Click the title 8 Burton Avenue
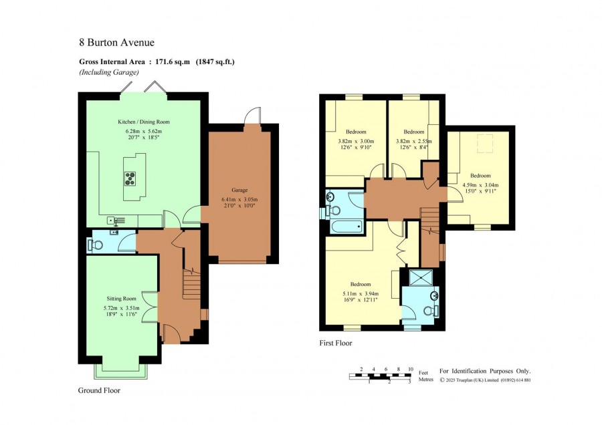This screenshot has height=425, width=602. [x=116, y=42]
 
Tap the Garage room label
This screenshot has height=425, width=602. [x=239, y=190]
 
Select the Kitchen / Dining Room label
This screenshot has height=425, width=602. [x=144, y=122]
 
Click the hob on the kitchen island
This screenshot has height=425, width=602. [x=130, y=178]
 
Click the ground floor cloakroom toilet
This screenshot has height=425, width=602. [x=96, y=245]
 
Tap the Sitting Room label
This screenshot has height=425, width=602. [x=121, y=299]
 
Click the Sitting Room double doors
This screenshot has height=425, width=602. [x=150, y=306]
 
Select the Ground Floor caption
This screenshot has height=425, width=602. [x=99, y=390]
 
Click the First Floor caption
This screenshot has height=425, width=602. [x=336, y=343]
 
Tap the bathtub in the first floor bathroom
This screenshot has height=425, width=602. [x=346, y=227]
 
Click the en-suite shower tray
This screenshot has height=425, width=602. [x=421, y=278]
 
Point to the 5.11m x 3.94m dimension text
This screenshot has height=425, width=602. [x=361, y=294]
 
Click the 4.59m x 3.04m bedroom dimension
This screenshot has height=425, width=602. [x=481, y=185]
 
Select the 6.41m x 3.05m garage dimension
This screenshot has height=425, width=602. [x=239, y=199]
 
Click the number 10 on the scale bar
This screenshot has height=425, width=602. [x=411, y=370]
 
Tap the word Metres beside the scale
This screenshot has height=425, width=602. [x=426, y=380]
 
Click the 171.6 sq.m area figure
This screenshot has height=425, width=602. [x=173, y=61]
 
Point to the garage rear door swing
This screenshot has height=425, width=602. [x=252, y=115]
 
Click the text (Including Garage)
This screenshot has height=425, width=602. [x=109, y=72]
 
